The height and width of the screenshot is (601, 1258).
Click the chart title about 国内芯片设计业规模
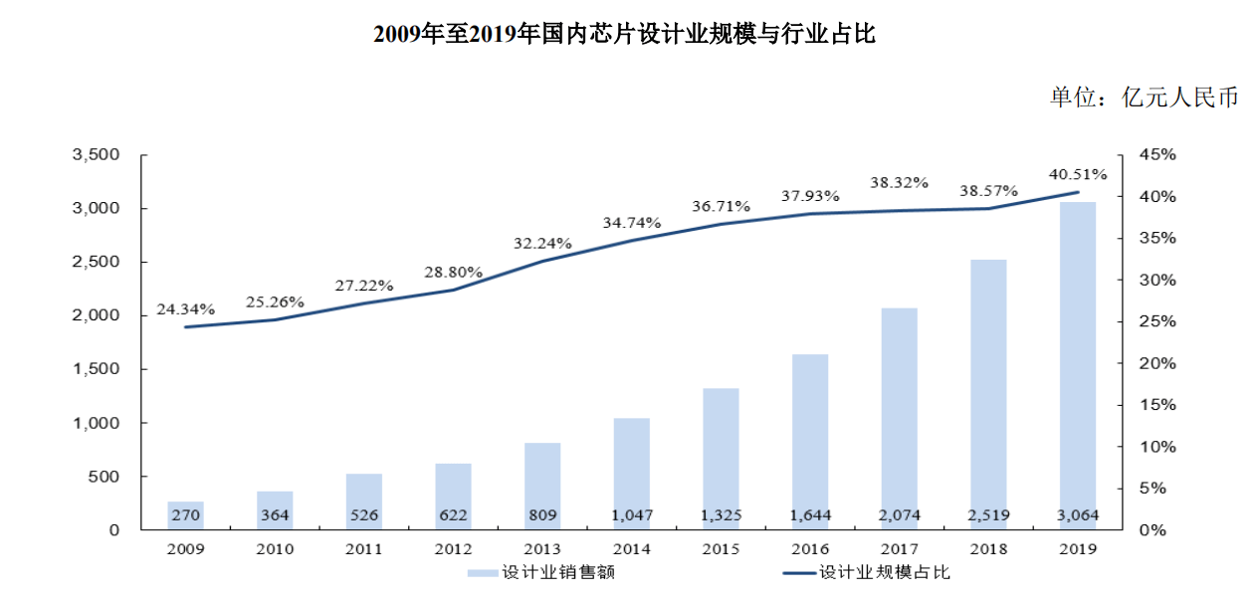624,34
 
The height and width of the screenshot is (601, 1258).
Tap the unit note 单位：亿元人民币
1144,98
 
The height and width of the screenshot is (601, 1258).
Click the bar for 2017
899,418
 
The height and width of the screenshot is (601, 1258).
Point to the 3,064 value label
1078,515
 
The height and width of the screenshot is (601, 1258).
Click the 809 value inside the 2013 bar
542,515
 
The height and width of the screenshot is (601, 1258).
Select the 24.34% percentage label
185,309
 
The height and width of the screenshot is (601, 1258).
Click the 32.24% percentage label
542,243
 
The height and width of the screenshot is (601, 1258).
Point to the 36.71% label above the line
721,206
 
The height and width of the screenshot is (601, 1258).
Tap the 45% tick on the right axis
1157,155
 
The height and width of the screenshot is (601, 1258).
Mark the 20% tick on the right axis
1157,363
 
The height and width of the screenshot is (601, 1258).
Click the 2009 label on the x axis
185,548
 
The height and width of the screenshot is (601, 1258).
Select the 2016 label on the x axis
810,548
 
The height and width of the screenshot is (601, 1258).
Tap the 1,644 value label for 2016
810,515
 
